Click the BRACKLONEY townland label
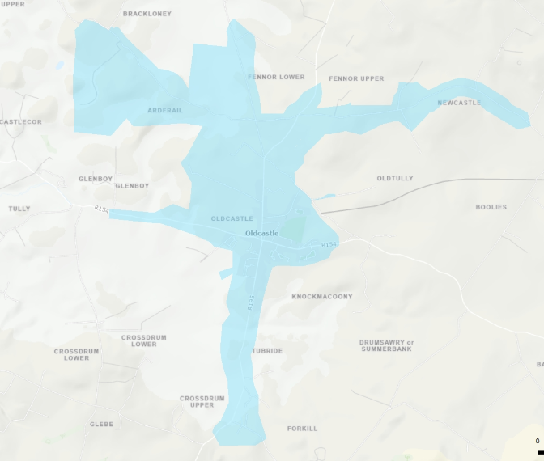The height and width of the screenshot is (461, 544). (147, 14)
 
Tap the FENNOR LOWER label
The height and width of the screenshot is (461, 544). (276, 78)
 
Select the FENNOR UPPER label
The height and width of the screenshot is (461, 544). (356, 78)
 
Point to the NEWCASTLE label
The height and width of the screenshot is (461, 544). (459, 103)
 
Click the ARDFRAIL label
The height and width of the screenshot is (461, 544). (165, 110)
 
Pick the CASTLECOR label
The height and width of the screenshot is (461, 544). (20, 122)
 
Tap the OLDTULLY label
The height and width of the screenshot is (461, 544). (395, 178)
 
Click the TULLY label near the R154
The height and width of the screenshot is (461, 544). (19, 209)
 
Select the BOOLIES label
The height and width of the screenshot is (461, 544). (491, 207)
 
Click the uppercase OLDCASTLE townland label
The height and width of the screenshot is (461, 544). (232, 219)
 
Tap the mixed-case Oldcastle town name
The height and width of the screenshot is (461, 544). (261, 233)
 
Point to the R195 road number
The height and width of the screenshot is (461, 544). (251, 302)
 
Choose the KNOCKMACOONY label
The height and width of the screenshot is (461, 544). (322, 297)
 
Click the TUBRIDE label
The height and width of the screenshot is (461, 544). (267, 351)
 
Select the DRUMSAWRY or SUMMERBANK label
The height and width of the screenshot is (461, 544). (386, 345)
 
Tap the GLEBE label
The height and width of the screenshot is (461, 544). (101, 424)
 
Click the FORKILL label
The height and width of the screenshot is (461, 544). (302, 429)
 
